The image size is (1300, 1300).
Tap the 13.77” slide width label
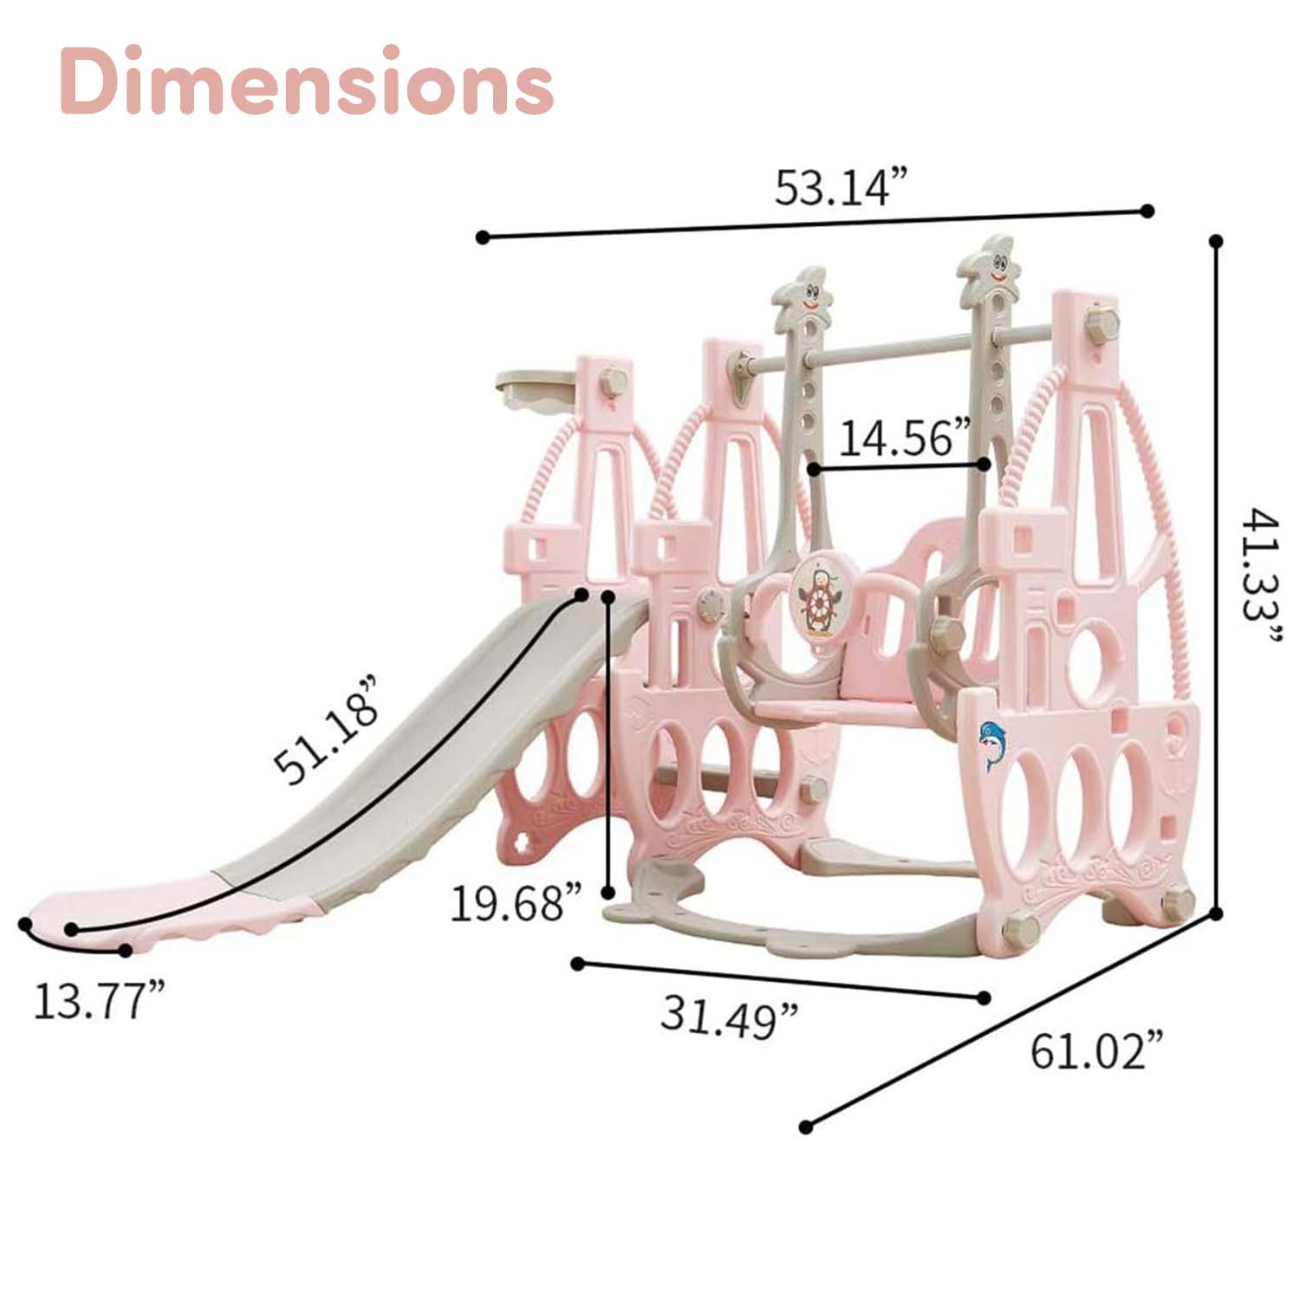coord(98,1001)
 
